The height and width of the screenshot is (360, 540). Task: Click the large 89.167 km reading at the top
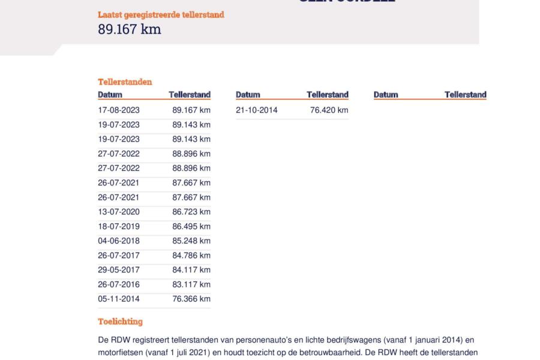130,29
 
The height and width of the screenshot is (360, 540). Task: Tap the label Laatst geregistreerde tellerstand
161,14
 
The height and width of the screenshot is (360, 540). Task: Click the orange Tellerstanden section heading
125,82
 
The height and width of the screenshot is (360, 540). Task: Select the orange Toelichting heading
120,322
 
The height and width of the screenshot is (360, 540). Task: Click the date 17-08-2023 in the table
119,110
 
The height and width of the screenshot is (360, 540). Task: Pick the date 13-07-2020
119,212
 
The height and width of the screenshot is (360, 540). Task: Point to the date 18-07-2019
119,226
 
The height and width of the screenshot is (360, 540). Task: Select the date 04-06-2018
119,241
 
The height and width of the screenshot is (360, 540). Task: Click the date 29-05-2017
119,270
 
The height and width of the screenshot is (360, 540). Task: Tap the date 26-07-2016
119,284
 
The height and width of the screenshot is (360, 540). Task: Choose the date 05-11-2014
119,299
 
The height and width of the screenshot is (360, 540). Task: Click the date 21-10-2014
257,110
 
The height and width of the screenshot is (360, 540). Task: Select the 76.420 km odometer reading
329,110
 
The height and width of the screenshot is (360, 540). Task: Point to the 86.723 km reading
191,212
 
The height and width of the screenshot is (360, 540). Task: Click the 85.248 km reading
191,241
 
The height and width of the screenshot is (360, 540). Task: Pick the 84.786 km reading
191,256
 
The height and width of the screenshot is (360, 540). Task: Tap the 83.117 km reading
191,284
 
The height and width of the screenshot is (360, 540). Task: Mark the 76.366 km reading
191,299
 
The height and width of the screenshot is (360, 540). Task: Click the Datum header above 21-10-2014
248,95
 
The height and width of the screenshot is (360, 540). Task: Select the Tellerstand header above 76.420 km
328,95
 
